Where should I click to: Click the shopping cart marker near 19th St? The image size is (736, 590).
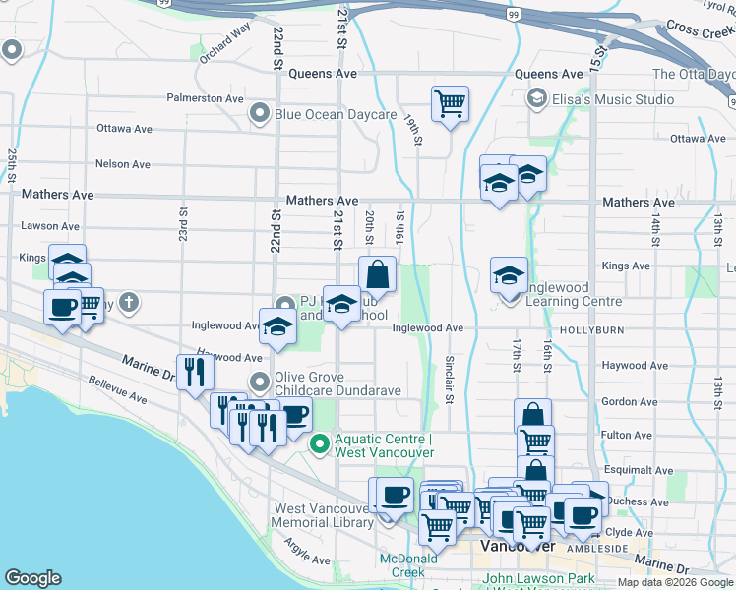pyautogui.click(x=450, y=103)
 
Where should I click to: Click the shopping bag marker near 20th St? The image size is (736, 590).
pyautogui.click(x=377, y=275)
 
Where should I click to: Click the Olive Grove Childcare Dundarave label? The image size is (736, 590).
pyautogui.click(x=337, y=383)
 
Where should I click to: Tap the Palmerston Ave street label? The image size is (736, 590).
pyautogui.click(x=205, y=99)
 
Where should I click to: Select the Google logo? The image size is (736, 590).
pyautogui.click(x=33, y=578)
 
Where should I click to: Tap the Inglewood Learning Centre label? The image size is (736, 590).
pyautogui.click(x=575, y=295)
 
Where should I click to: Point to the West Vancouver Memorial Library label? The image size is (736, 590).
pyautogui.click(x=324, y=515)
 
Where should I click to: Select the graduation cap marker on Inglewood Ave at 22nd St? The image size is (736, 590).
pyautogui.click(x=278, y=326)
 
